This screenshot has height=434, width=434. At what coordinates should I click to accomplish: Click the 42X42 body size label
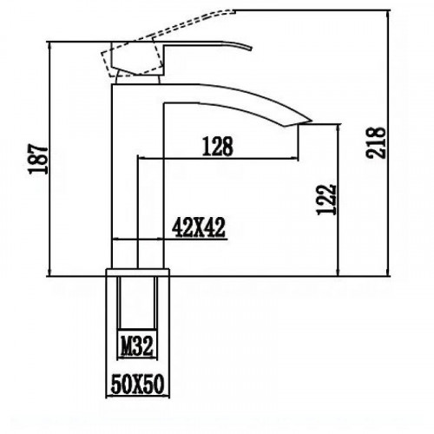[198, 228]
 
